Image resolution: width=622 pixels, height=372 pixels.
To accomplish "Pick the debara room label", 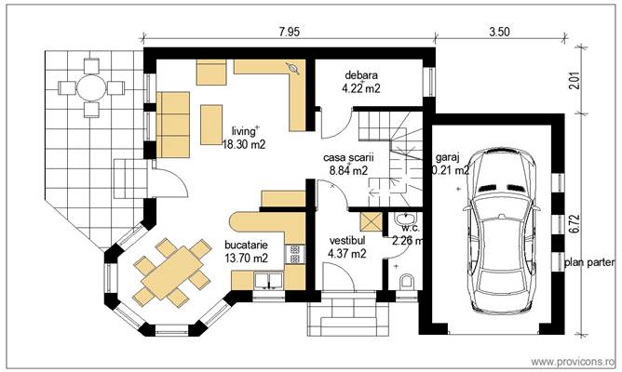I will point(360,75).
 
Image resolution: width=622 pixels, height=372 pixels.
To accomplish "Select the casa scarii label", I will point(345,158).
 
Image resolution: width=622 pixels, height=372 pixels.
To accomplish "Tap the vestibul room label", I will point(346,239).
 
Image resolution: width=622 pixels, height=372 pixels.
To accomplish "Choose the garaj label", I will point(447,158).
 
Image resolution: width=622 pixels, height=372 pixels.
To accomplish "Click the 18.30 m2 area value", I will point(244,145).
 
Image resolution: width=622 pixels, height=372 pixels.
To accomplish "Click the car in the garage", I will point(504,232).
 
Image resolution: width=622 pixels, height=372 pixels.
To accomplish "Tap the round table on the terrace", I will point(90,88).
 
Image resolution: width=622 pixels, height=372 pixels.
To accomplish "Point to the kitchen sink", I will point(270,280).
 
